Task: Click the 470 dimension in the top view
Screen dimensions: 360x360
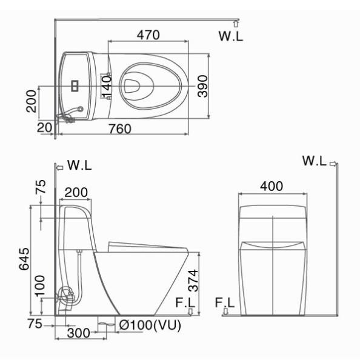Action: (148, 35)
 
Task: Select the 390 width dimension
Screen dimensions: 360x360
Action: (202, 86)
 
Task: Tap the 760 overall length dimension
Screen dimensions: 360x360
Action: (120, 129)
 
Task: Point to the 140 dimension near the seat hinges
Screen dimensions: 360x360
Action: (106, 87)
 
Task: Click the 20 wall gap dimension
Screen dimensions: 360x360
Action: (44, 128)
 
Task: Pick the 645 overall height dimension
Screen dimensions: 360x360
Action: (24, 259)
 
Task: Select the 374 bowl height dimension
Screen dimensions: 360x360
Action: (193, 281)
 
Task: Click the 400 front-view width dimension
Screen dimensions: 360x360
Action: (272, 186)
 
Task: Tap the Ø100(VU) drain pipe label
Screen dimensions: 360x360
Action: (150, 325)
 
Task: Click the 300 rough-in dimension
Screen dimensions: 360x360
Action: (79, 333)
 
